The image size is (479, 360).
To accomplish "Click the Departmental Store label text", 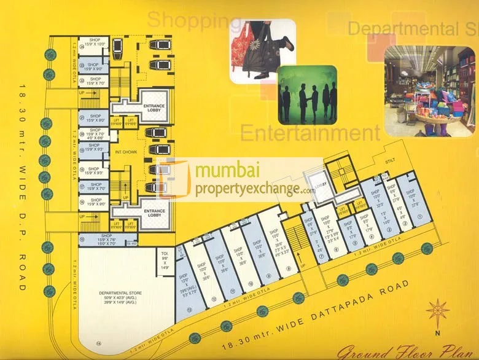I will pyautogui.click(x=120, y=293).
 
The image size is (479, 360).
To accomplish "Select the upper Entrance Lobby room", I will pyautogui.click(x=154, y=108).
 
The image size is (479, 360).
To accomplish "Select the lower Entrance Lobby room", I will pyautogui.click(x=154, y=211).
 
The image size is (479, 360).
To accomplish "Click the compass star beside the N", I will pyautogui.click(x=437, y=311).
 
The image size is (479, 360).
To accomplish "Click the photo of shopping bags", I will pyautogui.click(x=262, y=51).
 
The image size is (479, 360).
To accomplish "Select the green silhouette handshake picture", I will pyautogui.click(x=307, y=93).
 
